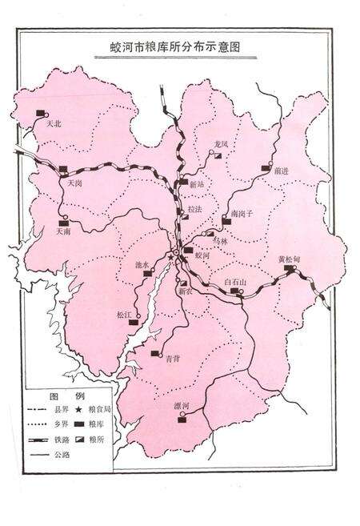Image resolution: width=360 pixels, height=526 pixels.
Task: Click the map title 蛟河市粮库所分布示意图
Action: tap(179, 48)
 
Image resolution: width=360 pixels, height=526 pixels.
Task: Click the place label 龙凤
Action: tap(221, 143)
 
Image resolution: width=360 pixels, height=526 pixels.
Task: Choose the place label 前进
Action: tap(279, 171)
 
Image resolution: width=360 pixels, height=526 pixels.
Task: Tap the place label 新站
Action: tap(197, 185)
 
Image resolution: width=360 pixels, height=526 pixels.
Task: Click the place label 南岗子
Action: tap(241, 215)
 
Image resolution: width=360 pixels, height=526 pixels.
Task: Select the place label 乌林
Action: tap(222, 240)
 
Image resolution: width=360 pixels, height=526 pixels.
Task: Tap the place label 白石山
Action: tap(236, 283)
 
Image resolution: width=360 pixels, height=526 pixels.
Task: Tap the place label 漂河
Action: tap(182, 407)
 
